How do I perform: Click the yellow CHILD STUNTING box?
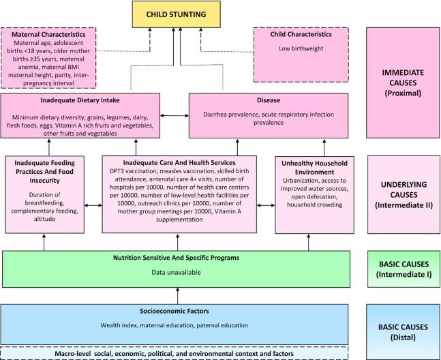point(177,14)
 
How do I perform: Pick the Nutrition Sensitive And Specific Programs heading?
point(179,258)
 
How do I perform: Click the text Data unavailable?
point(179,272)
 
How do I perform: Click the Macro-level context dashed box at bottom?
point(179,354)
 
